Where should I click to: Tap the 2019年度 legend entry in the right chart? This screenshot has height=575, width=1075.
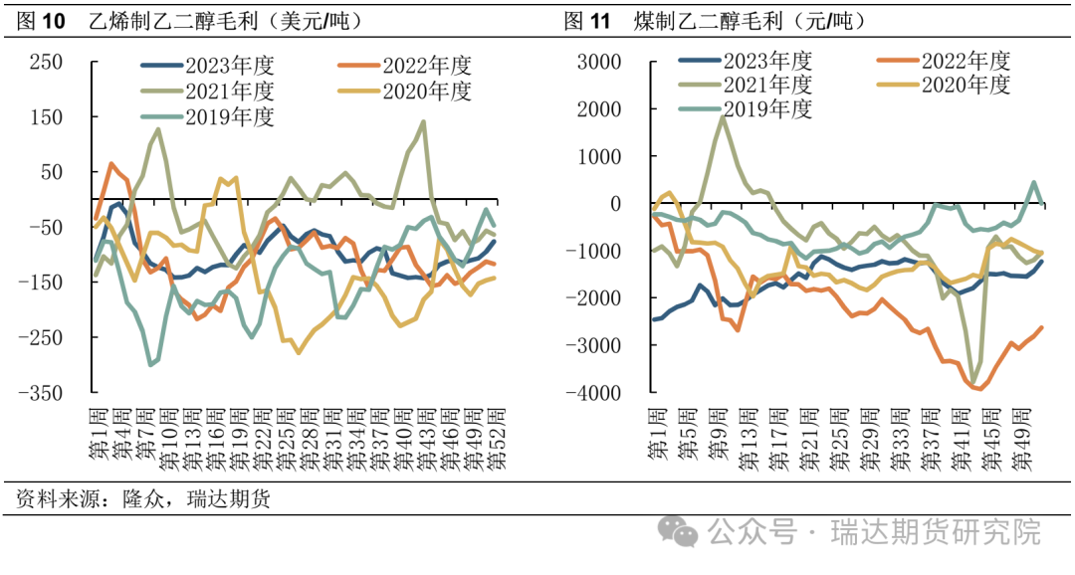pyautogui.click(x=767, y=108)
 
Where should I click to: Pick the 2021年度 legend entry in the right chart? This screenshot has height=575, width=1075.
pyautogui.click(x=767, y=85)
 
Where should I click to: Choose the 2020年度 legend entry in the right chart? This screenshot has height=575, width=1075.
pyautogui.click(x=966, y=85)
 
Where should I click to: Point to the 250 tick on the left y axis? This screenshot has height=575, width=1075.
pyautogui.click(x=46, y=62)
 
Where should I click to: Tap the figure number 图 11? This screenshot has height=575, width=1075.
pyautogui.click(x=587, y=20)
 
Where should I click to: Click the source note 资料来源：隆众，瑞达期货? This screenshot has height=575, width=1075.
pyautogui.click(x=143, y=498)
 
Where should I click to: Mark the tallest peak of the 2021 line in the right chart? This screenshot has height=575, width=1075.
pyautogui.click(x=721, y=117)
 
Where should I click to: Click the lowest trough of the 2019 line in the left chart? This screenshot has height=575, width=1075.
pyautogui.click(x=150, y=365)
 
